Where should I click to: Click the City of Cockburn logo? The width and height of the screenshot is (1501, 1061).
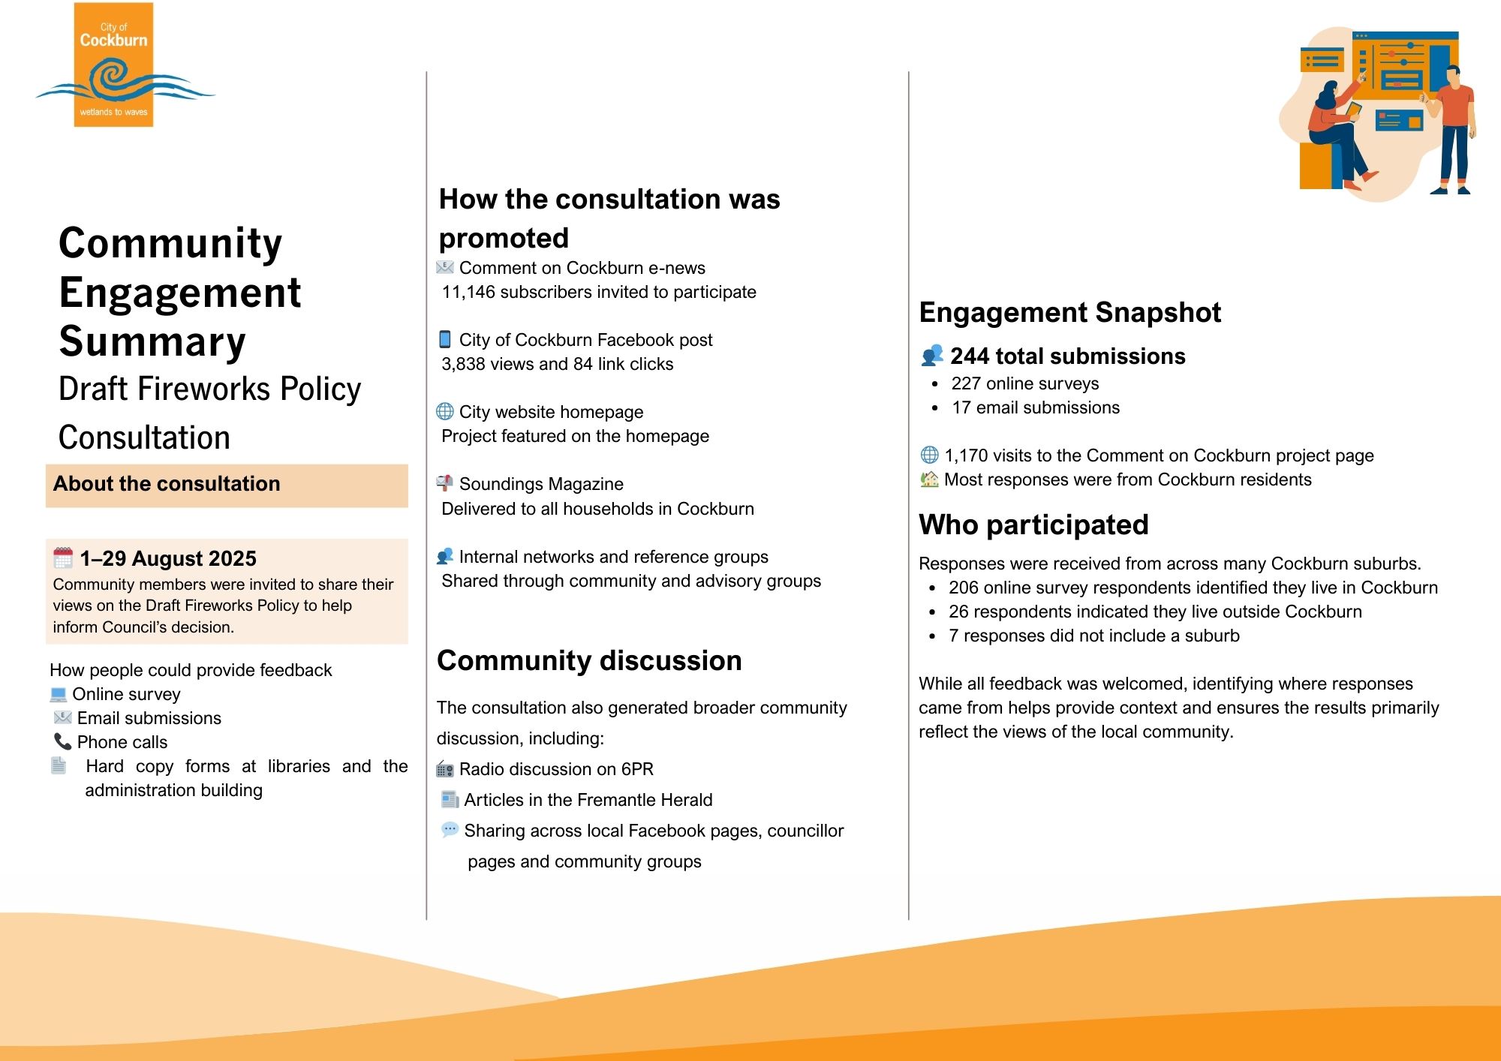point(114,66)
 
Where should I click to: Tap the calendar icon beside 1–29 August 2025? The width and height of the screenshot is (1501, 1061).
point(63,558)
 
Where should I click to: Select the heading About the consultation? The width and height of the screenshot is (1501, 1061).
point(167,484)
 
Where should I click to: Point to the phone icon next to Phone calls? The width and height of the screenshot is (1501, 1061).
point(62,741)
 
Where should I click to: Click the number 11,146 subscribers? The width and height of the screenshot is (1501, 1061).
point(468,292)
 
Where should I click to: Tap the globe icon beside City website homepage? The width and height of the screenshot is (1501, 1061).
point(445,411)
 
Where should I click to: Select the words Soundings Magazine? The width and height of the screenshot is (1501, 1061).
point(541,484)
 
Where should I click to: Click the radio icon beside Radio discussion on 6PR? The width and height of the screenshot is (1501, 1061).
point(445,769)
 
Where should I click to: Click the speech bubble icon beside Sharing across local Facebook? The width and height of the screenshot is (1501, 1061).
point(450,830)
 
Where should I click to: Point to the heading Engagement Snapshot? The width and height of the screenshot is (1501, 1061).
point(1070,312)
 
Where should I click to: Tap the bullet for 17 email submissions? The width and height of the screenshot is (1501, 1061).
point(934,408)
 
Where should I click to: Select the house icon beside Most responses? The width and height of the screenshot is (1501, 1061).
point(929,479)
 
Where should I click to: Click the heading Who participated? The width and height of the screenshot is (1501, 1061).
point(1033,524)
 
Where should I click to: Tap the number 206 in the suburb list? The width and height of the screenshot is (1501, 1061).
point(963,588)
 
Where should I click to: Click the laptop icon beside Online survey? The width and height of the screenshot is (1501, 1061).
point(59,694)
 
